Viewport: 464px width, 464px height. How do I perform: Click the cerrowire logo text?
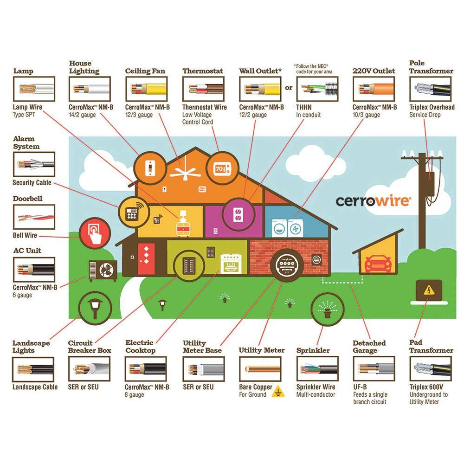[x=373, y=201]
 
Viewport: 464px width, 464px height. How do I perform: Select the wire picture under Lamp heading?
[x=34, y=89]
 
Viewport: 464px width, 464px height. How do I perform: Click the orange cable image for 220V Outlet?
[x=374, y=89]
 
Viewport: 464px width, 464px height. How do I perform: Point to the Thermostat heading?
[x=203, y=71]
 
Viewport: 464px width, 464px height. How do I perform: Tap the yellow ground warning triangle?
[x=278, y=392]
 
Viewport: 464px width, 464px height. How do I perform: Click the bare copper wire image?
[x=260, y=369]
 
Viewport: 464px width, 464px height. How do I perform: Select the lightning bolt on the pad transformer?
[x=428, y=290]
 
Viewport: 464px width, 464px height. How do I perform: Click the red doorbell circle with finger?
[x=95, y=233]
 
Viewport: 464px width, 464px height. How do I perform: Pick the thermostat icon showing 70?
[x=222, y=169]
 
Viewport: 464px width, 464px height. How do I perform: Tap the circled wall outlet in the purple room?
[x=238, y=214]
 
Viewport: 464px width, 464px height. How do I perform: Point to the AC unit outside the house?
[x=103, y=271]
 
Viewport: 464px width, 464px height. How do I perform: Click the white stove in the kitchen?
[x=231, y=264]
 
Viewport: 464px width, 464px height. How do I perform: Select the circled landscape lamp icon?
[x=95, y=308]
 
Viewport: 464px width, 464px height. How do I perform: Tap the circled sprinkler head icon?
[x=327, y=309]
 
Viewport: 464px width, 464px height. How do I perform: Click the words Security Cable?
[x=32, y=182]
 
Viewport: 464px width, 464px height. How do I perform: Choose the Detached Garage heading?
[x=369, y=347]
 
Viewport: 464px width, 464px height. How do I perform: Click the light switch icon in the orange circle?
[x=150, y=169]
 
